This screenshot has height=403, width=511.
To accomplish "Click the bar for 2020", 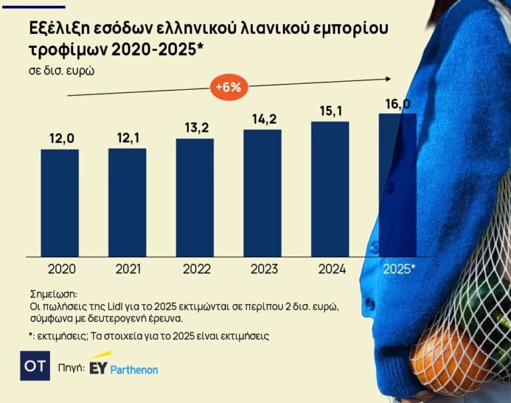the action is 60,203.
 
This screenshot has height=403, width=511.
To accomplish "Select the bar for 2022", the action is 195,198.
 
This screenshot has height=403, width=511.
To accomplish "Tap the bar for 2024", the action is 330,190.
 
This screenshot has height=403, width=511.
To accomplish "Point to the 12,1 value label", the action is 128,138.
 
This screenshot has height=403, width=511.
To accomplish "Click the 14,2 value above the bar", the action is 264,119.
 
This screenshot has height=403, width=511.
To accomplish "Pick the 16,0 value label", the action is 398,104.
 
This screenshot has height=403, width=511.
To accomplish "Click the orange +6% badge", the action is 229,87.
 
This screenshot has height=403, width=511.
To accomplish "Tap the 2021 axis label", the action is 128,269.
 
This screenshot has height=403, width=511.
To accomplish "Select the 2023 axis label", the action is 264,269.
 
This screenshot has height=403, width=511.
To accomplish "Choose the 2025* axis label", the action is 399,269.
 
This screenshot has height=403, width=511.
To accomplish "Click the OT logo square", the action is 35,366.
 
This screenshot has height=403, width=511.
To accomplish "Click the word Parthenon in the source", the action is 134,370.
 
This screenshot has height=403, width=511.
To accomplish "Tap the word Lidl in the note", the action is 114,307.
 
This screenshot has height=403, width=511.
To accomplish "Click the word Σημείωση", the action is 53,295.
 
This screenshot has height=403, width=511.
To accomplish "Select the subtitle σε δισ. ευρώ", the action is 62,70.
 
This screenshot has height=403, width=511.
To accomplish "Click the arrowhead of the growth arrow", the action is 388,79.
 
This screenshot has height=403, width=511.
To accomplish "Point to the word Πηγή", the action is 71,368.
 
